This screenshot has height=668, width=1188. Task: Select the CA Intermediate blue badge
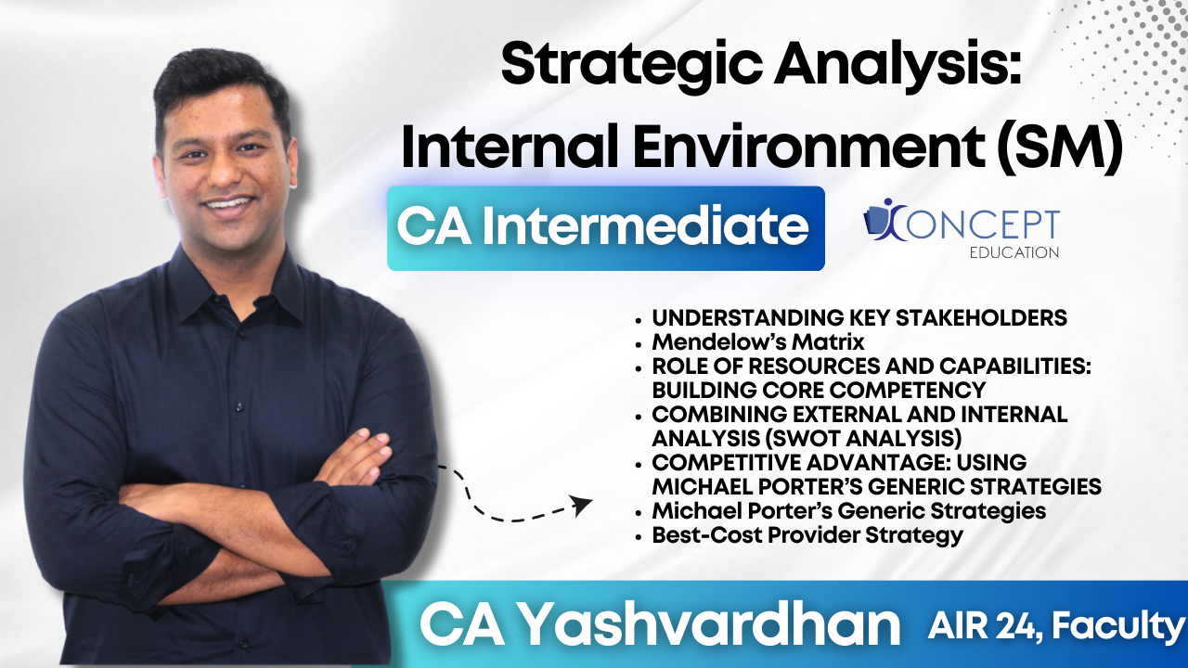pos(605,228)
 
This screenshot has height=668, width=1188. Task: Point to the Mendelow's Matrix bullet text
pos(757,342)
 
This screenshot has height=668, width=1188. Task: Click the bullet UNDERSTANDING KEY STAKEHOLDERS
pos(859,318)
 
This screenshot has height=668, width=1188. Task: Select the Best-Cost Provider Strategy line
pos(807,535)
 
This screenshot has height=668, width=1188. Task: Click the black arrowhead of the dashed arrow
pos(582,506)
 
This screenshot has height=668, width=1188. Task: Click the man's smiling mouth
pos(228,202)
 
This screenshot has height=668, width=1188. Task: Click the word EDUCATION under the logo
pos(1013,252)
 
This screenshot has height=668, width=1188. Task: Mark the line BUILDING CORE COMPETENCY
pos(819,390)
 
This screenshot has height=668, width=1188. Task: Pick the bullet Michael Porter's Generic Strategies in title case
pos(848,511)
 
